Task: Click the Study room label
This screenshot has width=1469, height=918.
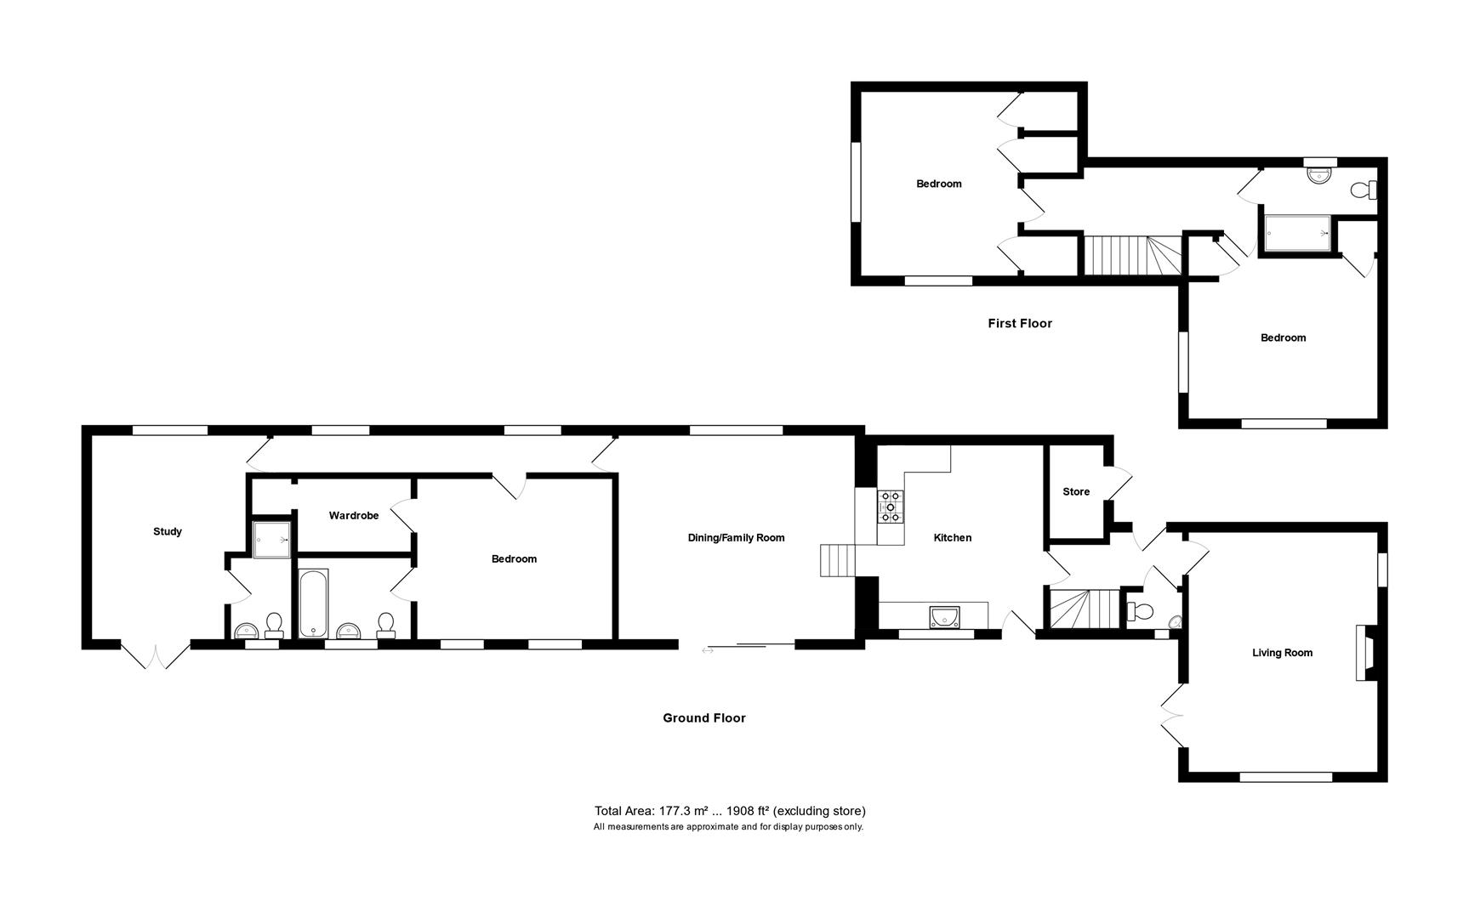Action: coord(168,531)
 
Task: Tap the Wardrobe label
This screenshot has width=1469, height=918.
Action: coord(354,515)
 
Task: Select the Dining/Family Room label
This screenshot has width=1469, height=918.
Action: coord(736,537)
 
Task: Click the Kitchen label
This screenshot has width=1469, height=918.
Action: coord(952,537)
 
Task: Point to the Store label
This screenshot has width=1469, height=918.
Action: coord(1075,491)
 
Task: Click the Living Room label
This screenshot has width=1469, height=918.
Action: coord(1282,653)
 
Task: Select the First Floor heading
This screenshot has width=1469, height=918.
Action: coord(1019,323)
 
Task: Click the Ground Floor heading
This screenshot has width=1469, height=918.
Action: coord(703,717)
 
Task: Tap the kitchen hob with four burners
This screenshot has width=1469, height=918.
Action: coord(891,506)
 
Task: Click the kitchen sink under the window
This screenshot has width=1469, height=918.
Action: coord(944,615)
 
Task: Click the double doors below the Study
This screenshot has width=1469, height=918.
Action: coord(155,655)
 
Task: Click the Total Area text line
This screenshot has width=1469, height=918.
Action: coord(729,811)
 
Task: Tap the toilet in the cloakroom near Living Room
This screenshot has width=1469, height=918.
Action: coord(1138,610)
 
